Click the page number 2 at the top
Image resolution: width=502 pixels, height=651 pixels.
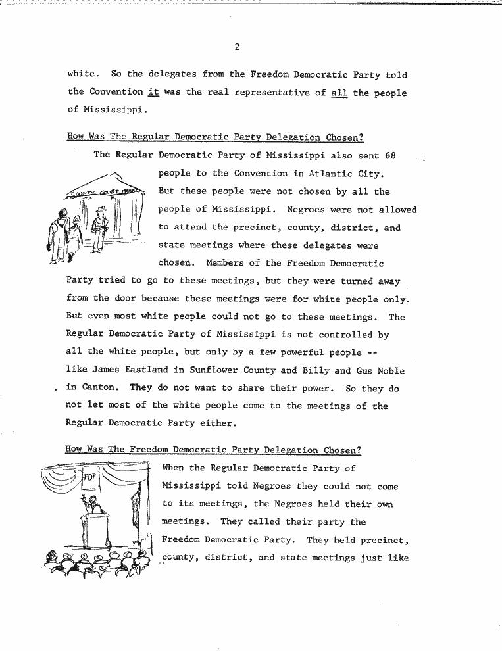(x=236, y=47)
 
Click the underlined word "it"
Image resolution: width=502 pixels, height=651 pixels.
(x=154, y=92)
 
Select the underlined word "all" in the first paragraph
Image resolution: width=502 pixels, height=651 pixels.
(x=339, y=92)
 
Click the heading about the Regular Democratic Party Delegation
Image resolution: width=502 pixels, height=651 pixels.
(x=215, y=137)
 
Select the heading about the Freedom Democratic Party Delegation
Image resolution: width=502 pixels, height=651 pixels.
(x=213, y=450)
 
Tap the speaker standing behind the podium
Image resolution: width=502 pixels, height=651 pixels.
(x=92, y=505)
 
